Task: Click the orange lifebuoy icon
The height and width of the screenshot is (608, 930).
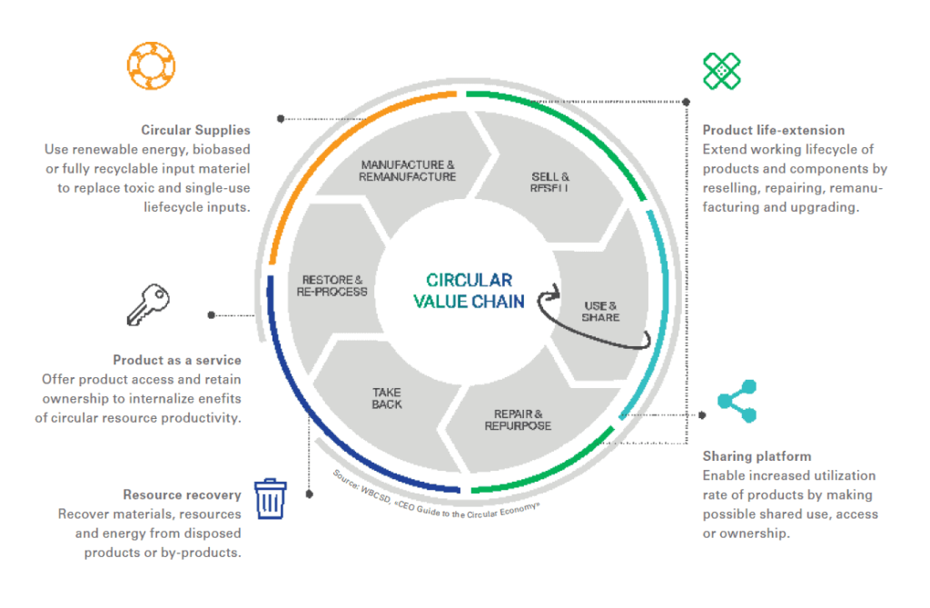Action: pyautogui.click(x=150, y=65)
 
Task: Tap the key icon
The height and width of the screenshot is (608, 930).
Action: pyautogui.click(x=148, y=304)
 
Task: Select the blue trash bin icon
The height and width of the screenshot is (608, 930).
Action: pyautogui.click(x=270, y=498)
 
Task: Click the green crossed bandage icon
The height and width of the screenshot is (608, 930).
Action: pyautogui.click(x=722, y=71)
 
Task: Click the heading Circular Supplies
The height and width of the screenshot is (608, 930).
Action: pyautogui.click(x=195, y=130)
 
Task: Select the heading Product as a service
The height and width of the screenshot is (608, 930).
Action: pyautogui.click(x=177, y=360)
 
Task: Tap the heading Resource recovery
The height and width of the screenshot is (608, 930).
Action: pyautogui.click(x=182, y=494)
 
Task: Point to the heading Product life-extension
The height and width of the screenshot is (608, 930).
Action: pyautogui.click(x=774, y=130)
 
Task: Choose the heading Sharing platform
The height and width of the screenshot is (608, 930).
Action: pyautogui.click(x=757, y=456)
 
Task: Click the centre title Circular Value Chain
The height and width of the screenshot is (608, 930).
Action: pyautogui.click(x=469, y=291)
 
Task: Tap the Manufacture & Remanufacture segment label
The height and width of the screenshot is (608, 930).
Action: pyautogui.click(x=407, y=171)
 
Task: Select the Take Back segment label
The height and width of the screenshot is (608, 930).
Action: pyautogui.click(x=387, y=398)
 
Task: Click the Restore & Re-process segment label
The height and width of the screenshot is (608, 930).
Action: pyautogui.click(x=333, y=285)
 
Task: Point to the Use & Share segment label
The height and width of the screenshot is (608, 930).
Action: pyautogui.click(x=600, y=311)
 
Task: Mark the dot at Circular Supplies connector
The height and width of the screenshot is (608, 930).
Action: pyautogui.click(x=281, y=118)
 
